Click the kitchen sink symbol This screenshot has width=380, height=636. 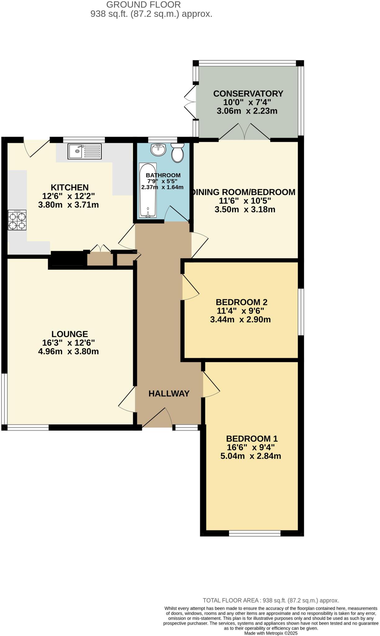(x=84, y=152)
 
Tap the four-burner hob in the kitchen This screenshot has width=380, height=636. (x=17, y=220)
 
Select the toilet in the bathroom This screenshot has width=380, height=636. (x=178, y=152)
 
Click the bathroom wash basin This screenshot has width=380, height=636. (x=158, y=150)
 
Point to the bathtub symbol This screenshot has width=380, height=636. (x=148, y=190)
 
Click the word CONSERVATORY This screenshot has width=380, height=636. (x=248, y=93)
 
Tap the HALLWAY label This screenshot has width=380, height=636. (x=169, y=393)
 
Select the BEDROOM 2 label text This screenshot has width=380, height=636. (x=242, y=302)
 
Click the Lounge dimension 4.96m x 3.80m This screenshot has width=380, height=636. (x=68, y=352)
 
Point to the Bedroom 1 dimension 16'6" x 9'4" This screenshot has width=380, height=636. (x=251, y=447)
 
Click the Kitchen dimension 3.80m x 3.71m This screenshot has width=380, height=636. (x=68, y=205)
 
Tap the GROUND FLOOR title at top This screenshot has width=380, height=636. (x=143, y=5)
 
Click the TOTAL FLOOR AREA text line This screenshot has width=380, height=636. (x=271, y=600)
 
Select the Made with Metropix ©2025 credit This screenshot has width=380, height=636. (x=271, y=633)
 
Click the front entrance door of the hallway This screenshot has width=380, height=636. (x=158, y=418)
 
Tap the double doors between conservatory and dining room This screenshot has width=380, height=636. (x=245, y=132)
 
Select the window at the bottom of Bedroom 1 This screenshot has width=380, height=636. (x=255, y=534)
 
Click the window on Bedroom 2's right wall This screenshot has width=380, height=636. (x=301, y=311)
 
